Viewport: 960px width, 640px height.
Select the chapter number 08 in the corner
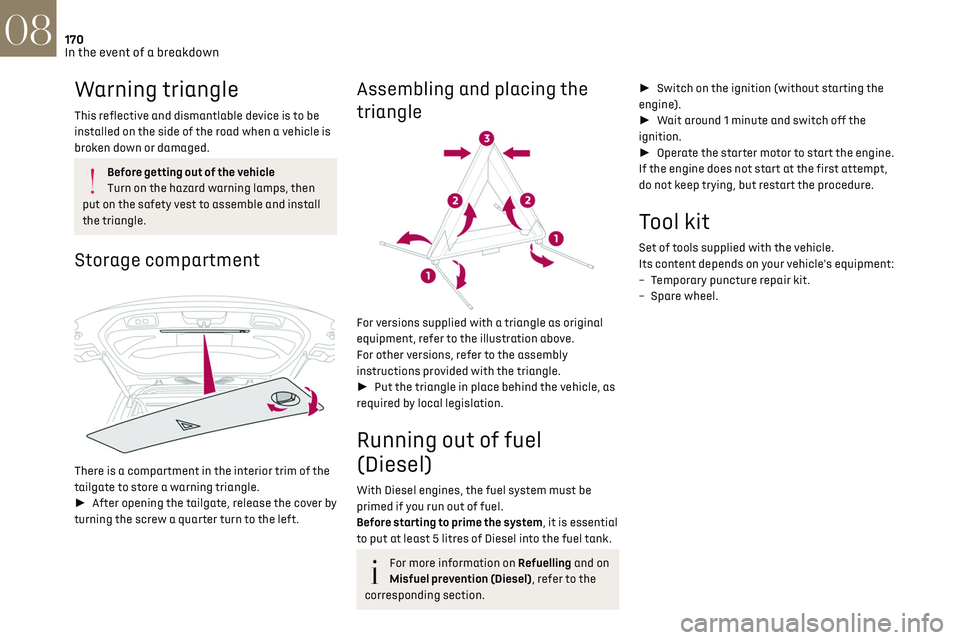point(28,28)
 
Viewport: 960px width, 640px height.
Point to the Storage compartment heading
point(167,260)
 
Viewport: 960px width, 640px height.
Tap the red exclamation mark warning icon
point(91,180)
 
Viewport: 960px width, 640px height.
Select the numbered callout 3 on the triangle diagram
point(486,137)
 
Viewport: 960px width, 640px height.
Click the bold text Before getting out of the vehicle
point(191,172)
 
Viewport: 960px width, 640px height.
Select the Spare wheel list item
point(682,296)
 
